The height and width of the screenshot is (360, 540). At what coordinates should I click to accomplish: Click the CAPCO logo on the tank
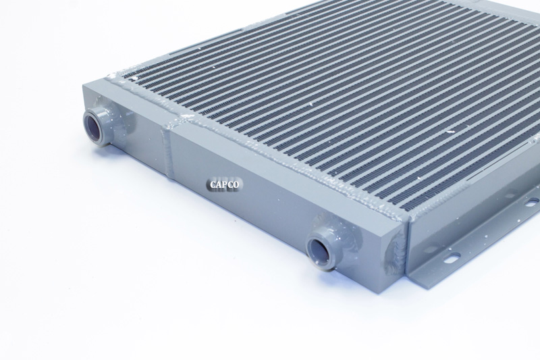224,184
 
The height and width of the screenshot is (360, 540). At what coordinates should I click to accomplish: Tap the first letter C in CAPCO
213,184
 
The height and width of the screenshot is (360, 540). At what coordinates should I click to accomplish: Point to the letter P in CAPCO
225,184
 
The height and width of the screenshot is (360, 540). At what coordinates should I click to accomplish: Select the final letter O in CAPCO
235,184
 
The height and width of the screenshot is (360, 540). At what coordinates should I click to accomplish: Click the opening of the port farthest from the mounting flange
93,126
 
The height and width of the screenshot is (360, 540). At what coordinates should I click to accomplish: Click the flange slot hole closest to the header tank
452,257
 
